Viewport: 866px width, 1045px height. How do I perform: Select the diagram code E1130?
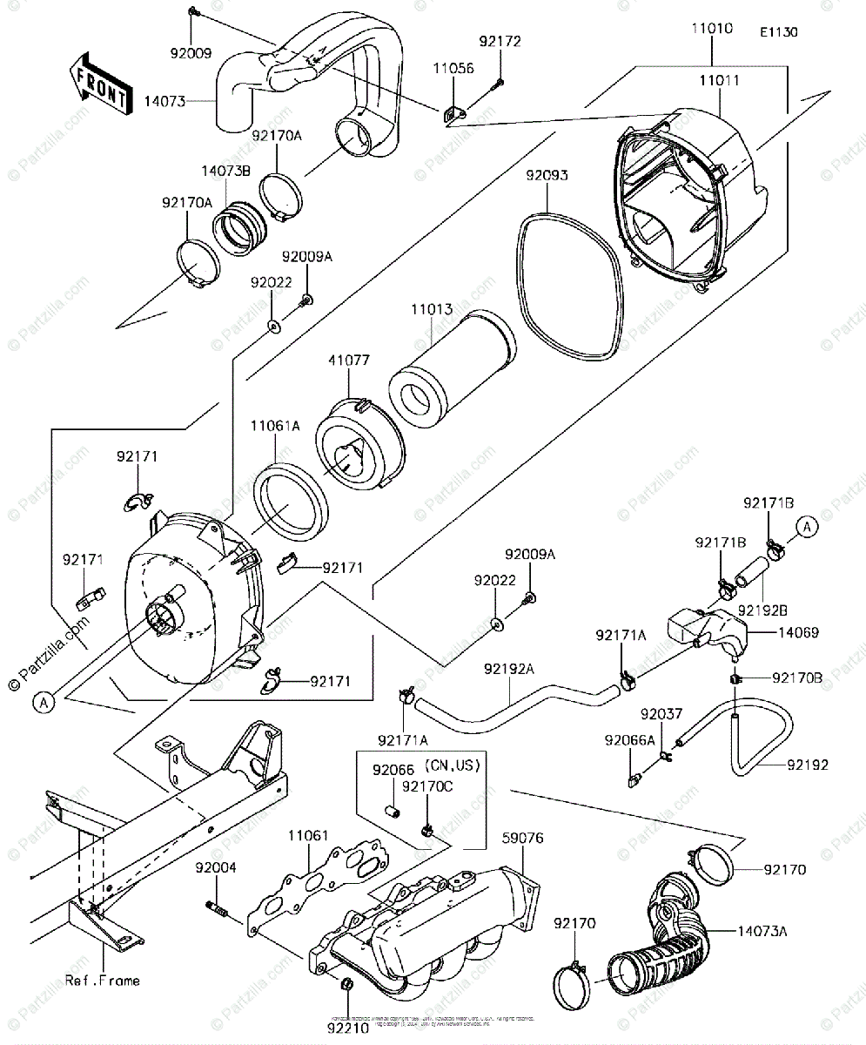click(778, 32)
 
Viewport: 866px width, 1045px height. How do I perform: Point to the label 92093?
click(547, 175)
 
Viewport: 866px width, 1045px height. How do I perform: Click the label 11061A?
click(275, 427)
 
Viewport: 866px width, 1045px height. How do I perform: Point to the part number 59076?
click(523, 839)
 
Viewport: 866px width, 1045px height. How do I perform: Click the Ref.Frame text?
click(102, 981)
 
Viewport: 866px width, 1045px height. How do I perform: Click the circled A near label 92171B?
click(806, 526)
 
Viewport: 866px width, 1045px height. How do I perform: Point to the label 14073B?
click(227, 172)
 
